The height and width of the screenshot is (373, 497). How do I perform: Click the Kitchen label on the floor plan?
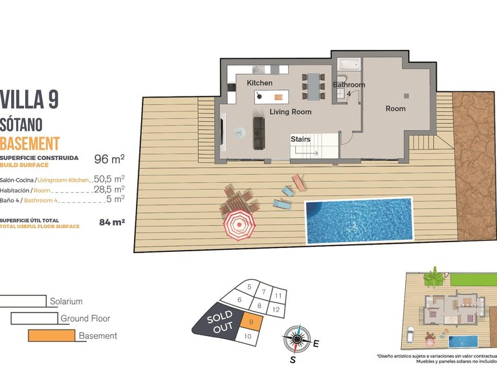pyautogui.click(x=260, y=84)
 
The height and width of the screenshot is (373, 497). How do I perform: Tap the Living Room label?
pyautogui.click(x=291, y=112)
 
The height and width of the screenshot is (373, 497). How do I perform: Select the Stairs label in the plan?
pyautogui.click(x=301, y=139)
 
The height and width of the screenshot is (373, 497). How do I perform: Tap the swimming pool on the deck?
pyautogui.click(x=359, y=220)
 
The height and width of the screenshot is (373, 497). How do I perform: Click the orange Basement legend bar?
pyautogui.click(x=52, y=335)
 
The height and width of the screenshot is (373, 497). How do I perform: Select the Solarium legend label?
pyautogui.click(x=66, y=301)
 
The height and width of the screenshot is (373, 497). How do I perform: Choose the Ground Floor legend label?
pyautogui.click(x=85, y=318)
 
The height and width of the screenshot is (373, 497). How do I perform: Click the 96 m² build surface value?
pyautogui.click(x=109, y=159)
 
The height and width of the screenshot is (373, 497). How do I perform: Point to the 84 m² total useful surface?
pyautogui.click(x=111, y=222)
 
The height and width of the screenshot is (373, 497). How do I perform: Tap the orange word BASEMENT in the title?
pyautogui.click(x=30, y=143)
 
